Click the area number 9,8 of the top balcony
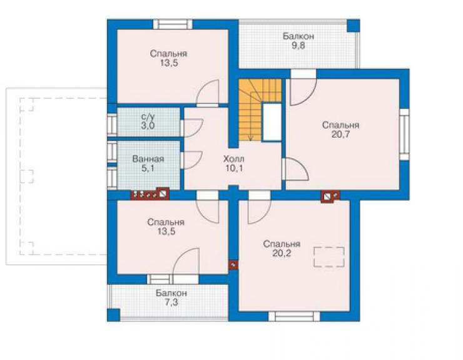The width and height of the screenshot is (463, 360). point(298,46)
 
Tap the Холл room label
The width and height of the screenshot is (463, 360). point(233,159)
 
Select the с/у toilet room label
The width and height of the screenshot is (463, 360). point(148,116)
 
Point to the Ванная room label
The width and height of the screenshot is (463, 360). point(148,159)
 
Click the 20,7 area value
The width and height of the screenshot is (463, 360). point(340,135)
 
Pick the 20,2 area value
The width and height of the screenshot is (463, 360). point(282,254)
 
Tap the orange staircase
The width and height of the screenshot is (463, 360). point(260,110)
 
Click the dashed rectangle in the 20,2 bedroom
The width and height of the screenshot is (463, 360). point(329,257)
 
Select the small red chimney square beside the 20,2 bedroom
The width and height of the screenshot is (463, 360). point(233,265)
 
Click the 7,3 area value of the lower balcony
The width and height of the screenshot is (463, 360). point(171,302)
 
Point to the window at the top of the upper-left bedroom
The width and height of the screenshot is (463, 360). point(173,24)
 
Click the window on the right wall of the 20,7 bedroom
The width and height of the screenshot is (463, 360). point(404,135)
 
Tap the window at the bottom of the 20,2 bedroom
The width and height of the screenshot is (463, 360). point(294,316)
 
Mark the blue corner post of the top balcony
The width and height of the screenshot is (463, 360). point(353,26)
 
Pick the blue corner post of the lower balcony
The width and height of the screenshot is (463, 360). point(113,315)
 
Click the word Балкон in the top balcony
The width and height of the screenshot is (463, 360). point(298,36)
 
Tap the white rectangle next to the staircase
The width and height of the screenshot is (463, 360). point(272,122)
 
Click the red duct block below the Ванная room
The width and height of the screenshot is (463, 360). point(150,194)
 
